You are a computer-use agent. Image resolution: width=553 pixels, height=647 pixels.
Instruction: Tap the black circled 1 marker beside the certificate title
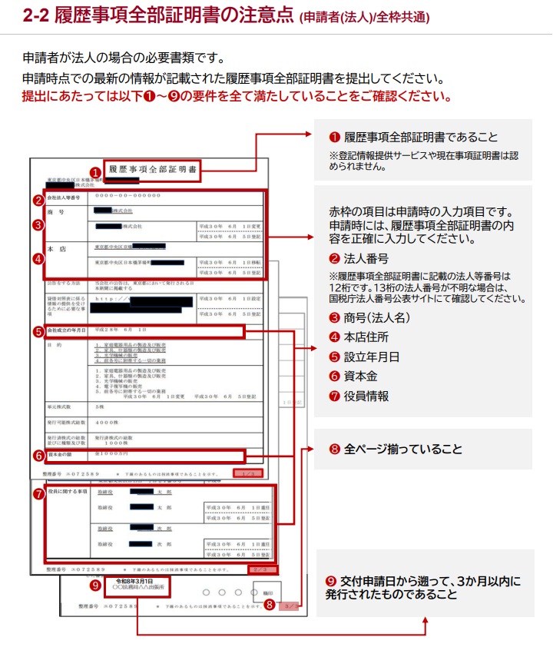pos(95,173)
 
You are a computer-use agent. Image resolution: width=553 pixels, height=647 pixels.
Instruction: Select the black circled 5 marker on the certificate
pos(38,332)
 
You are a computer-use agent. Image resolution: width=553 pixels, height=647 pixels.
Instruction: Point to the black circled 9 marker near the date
pos(95,586)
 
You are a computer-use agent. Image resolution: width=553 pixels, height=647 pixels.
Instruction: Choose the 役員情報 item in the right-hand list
pos(366,396)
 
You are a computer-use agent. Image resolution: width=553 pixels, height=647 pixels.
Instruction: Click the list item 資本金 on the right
pos(360,377)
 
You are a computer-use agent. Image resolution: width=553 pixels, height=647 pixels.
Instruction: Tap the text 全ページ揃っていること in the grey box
pos(403,449)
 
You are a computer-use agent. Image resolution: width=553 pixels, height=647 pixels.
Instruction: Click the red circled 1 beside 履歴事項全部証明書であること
pos(334,138)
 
